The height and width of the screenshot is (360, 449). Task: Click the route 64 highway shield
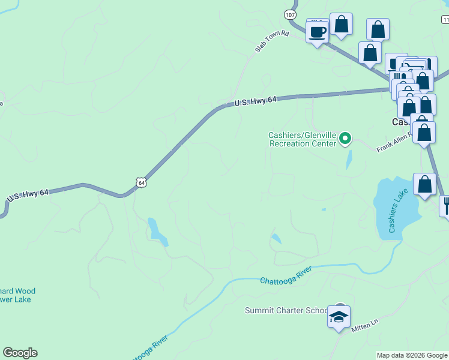tap(140, 181)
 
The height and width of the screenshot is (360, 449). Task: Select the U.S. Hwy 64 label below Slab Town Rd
tap(255, 102)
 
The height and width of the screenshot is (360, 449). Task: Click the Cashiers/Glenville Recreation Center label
tap(301, 139)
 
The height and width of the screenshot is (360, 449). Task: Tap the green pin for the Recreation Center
tap(345, 139)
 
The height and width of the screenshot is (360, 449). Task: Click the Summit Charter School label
tap(286, 310)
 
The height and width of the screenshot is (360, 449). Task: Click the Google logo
tap(20, 353)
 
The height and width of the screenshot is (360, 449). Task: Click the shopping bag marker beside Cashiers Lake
tap(424, 185)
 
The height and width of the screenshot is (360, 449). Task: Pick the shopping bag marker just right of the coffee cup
tap(341, 25)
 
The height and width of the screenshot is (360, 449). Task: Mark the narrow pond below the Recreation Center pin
tap(349, 159)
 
